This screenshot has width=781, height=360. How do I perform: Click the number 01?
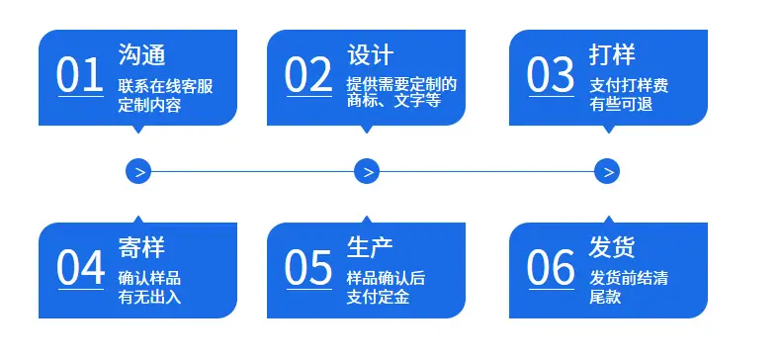(80, 75)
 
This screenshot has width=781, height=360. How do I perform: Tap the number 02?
(308, 75)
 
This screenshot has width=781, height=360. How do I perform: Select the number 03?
(551, 75)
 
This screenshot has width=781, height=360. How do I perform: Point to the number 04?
(80, 268)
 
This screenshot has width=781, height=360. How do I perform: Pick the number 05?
(308, 268)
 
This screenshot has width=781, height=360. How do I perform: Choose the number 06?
(551, 268)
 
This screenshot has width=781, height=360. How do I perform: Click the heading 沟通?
(141, 53)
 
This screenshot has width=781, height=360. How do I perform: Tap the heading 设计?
(370, 53)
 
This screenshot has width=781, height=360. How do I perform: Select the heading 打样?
(612, 53)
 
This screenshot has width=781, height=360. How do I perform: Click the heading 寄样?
(141, 247)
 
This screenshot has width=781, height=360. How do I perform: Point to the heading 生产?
(370, 247)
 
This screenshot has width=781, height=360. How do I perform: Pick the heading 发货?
(612, 247)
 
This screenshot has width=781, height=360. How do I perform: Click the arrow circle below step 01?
(138, 171)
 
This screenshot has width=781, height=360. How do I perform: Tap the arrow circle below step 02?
(367, 171)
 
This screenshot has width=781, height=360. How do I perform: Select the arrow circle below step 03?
(607, 171)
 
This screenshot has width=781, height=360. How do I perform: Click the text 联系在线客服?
(165, 86)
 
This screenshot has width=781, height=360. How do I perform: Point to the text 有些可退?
(621, 104)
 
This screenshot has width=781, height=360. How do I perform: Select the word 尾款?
(605, 297)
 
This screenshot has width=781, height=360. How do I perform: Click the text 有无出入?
(149, 297)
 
